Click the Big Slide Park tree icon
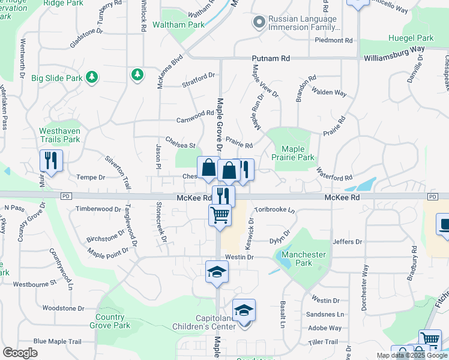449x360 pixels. [x=92, y=77]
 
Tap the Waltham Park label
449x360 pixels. [x=178, y=25]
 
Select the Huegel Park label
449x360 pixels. [x=413, y=38]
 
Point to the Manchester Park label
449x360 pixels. [x=304, y=259]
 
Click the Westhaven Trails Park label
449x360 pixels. [x=59, y=135]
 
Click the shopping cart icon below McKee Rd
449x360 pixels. [x=220, y=214]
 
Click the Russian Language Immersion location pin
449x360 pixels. [x=259, y=22]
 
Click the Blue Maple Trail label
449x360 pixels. [x=57, y=341]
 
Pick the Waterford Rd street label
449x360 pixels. [x=334, y=178]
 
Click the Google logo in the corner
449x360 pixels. [x=20, y=352]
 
